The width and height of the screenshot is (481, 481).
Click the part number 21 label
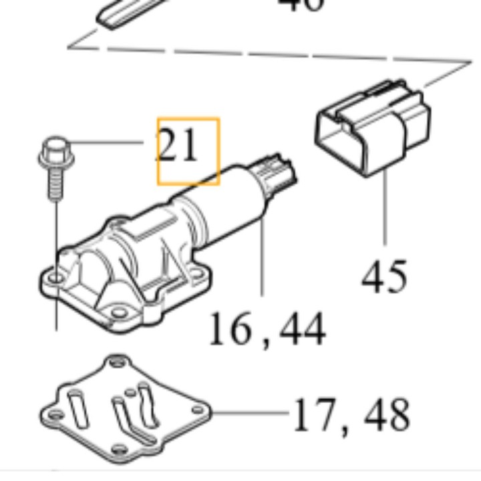pyautogui.click(x=178, y=146)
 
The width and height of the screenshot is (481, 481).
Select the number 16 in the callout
pyautogui.click(x=231, y=329)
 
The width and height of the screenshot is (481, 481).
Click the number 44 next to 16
pyautogui.click(x=301, y=329)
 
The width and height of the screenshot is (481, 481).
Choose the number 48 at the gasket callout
pyautogui.click(x=386, y=416)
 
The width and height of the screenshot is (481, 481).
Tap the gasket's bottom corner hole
pyautogui.click(x=119, y=448)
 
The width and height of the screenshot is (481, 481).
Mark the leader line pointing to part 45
pyautogui.click(x=385, y=207)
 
